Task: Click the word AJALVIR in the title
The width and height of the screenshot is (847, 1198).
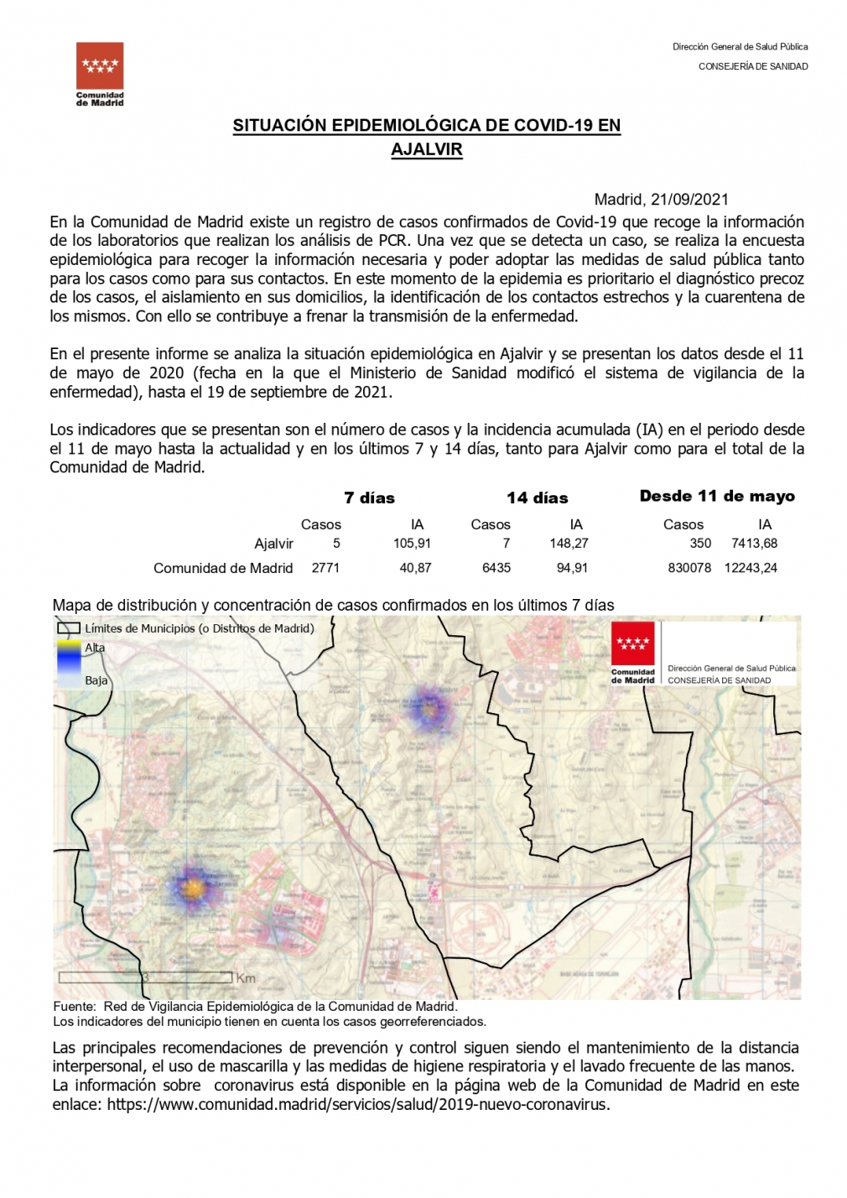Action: point(427,149)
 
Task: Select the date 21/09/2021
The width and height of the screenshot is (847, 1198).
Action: point(689,200)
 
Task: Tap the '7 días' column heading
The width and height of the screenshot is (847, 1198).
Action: point(369,498)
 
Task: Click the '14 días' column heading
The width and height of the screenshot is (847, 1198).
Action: point(537,498)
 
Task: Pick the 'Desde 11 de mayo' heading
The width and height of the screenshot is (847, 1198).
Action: point(717,497)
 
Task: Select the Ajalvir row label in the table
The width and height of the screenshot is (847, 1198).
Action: point(273,544)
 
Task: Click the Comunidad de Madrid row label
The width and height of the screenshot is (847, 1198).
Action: point(223,568)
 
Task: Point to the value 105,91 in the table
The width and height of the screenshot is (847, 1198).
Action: point(412,544)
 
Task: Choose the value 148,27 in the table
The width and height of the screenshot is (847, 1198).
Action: point(569,544)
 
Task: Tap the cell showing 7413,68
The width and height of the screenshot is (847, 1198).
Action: point(754,544)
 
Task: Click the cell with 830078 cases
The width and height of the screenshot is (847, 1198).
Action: point(689,568)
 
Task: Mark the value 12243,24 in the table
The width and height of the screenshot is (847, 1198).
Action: point(751,568)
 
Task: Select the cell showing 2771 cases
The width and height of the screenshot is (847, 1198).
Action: point(325,568)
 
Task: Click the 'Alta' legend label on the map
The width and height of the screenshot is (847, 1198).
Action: point(95,648)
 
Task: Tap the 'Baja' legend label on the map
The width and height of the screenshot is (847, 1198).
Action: point(96,680)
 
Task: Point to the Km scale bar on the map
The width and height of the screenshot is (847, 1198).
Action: point(146,977)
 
